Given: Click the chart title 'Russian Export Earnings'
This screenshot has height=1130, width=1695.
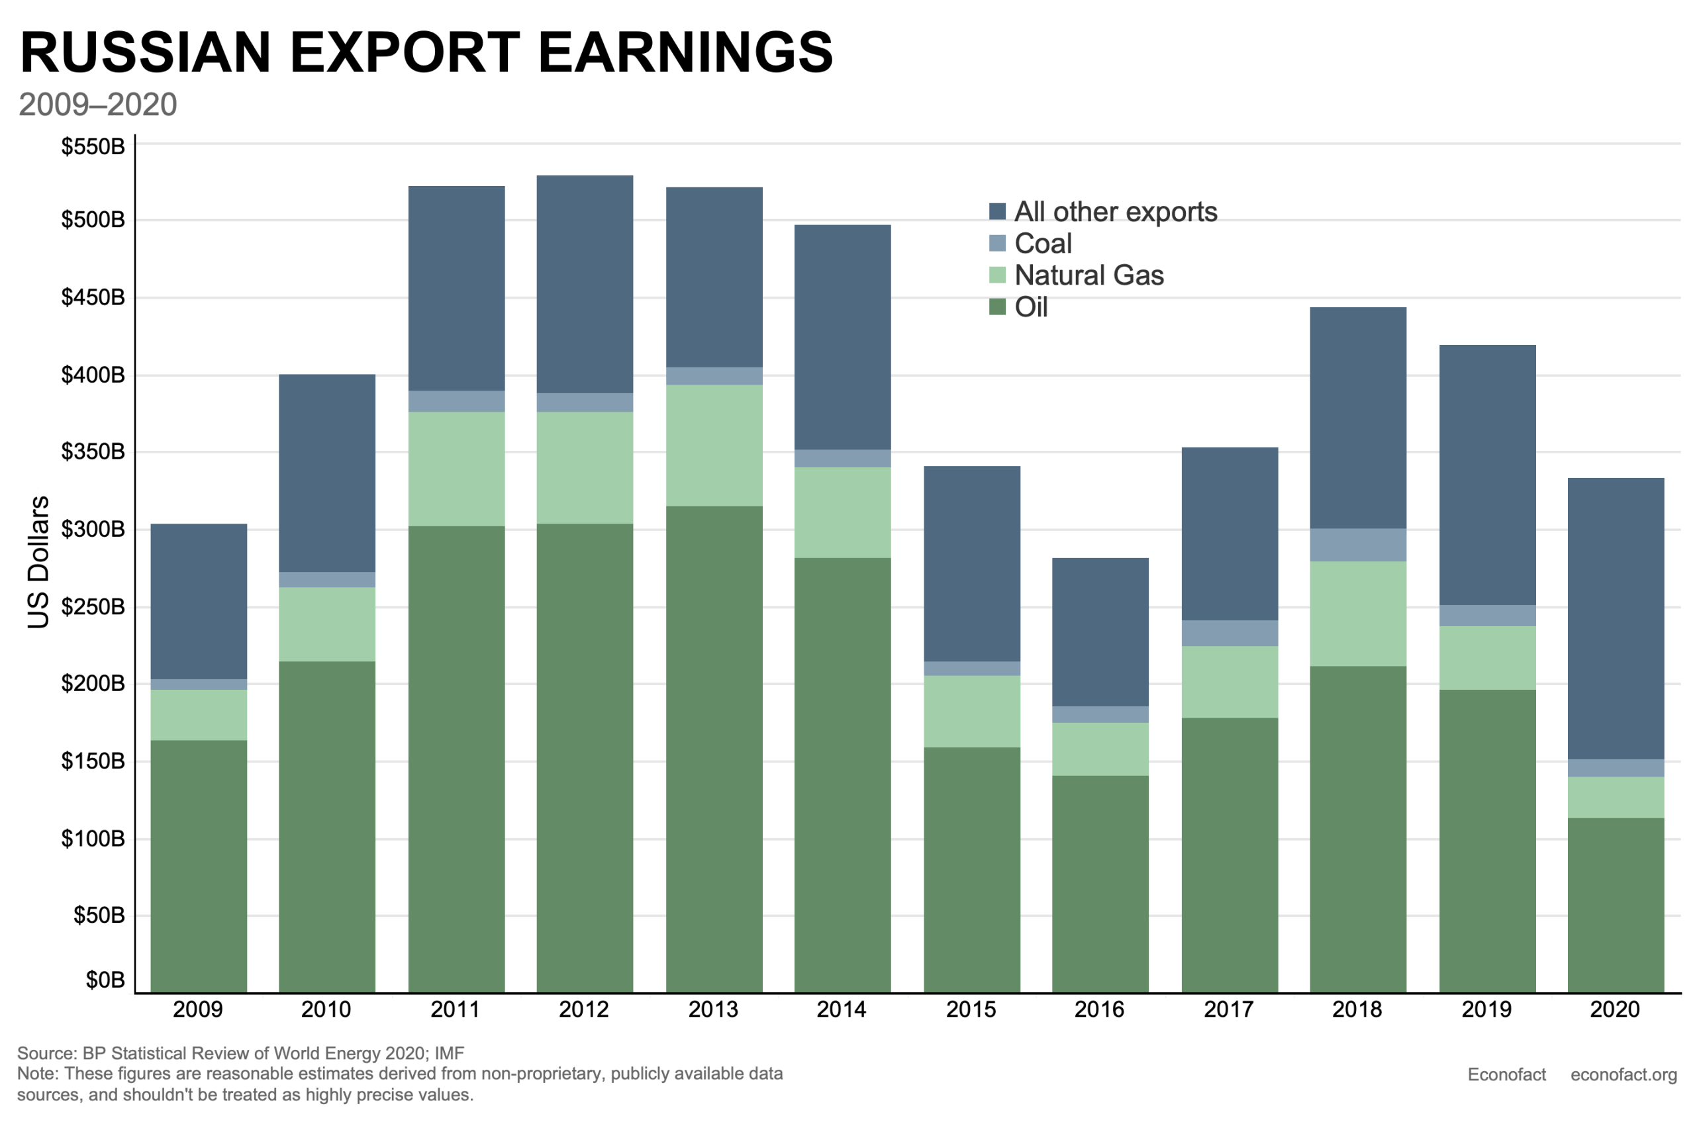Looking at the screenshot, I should click(x=426, y=52).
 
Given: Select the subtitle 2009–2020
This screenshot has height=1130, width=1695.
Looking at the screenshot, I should click(x=97, y=105).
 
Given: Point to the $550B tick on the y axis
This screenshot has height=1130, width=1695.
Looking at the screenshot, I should click(x=93, y=146).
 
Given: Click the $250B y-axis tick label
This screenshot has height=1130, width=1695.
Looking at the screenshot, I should click(x=93, y=607).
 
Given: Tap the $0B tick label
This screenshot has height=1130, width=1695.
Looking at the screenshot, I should click(x=105, y=980).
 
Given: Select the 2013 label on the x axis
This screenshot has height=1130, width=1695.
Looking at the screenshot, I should click(x=714, y=1010).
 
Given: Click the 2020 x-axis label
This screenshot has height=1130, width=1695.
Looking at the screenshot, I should click(x=1615, y=1010).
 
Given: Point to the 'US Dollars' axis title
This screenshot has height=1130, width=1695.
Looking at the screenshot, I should click(x=38, y=562).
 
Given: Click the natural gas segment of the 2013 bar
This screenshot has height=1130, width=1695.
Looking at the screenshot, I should click(x=714, y=446).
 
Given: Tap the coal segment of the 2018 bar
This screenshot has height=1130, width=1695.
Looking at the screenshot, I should click(x=1358, y=545).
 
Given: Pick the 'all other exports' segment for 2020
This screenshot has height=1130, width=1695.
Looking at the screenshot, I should click(x=1616, y=618).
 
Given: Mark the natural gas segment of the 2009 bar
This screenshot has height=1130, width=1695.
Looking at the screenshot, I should click(x=198, y=715).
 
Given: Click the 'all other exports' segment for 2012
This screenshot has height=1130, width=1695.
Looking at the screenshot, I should click(x=585, y=284).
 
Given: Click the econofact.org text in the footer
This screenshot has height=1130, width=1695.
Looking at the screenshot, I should click(x=1623, y=1074).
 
